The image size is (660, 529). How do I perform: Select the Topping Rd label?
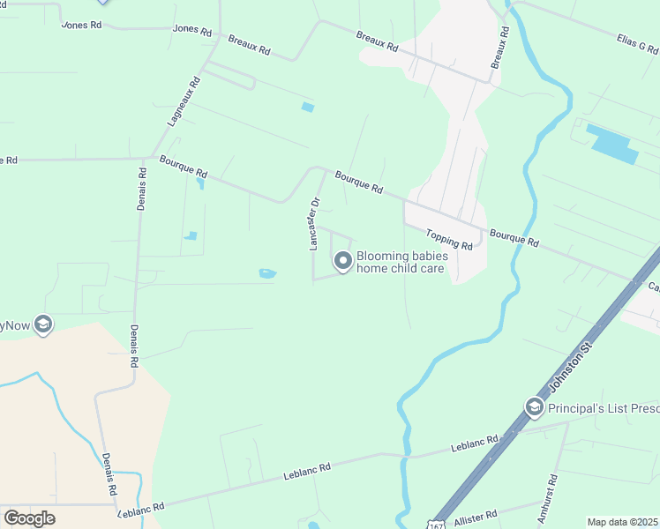(x=449, y=239)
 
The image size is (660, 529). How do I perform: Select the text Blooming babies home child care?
(x=401, y=262)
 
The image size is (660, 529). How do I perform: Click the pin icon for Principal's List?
(x=534, y=406)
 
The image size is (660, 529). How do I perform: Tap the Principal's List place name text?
(x=604, y=408)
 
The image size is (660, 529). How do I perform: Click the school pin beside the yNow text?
(x=42, y=324)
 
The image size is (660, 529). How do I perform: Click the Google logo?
(x=29, y=518)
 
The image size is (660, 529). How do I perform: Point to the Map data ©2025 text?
(x=623, y=522)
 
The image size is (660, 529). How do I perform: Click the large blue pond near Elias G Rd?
(x=611, y=144)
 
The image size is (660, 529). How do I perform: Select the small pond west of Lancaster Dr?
(x=267, y=273)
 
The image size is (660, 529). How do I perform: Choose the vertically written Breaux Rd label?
(x=499, y=49)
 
